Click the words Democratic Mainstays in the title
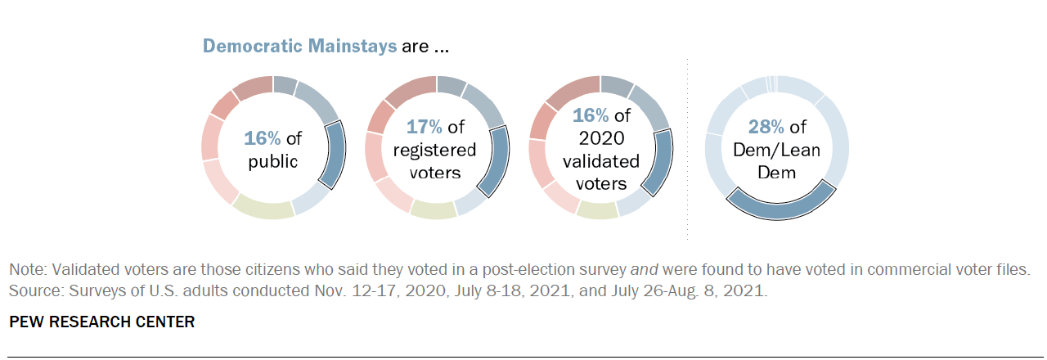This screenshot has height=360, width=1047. pyautogui.click(x=299, y=46)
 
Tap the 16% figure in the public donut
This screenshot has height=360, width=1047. pyautogui.click(x=261, y=137)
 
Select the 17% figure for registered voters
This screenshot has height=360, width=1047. pyautogui.click(x=425, y=126)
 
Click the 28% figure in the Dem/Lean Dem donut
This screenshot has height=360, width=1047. pyautogui.click(x=766, y=126)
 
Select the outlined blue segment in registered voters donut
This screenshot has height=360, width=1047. pyautogui.click(x=497, y=160)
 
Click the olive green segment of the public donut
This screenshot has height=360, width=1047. pyautogui.click(x=263, y=208)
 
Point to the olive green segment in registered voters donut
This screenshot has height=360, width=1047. pyautogui.click(x=434, y=209)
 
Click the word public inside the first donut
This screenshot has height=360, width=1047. pyautogui.click(x=272, y=160)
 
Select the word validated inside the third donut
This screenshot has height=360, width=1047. pyautogui.click(x=599, y=161)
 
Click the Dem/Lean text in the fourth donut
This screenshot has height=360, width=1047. pyautogui.click(x=777, y=150)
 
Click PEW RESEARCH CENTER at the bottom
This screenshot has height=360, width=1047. pyautogui.click(x=102, y=322)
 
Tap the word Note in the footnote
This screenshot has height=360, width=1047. pyautogui.click(x=25, y=268)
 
